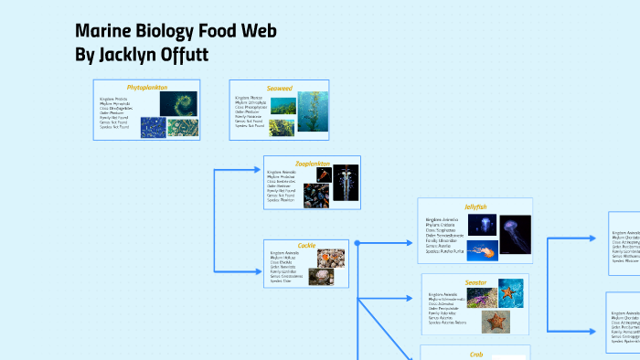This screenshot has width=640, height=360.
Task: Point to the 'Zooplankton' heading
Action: pyautogui.click(x=312, y=164)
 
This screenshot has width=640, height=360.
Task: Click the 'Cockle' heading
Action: pyautogui.click(x=306, y=245)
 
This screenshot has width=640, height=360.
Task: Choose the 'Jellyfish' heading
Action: pyautogui.click(x=476, y=206)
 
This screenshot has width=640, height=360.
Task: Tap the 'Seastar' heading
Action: pyautogui.click(x=475, y=282)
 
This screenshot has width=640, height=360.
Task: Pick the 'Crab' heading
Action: pyautogui.click(x=475, y=354)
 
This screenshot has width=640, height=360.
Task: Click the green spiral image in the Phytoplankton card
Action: pyautogui.click(x=178, y=103)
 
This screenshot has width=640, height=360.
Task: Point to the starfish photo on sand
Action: pyautogui.click(x=496, y=321)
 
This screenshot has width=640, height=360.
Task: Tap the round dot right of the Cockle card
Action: pyautogui.click(x=357, y=243)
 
